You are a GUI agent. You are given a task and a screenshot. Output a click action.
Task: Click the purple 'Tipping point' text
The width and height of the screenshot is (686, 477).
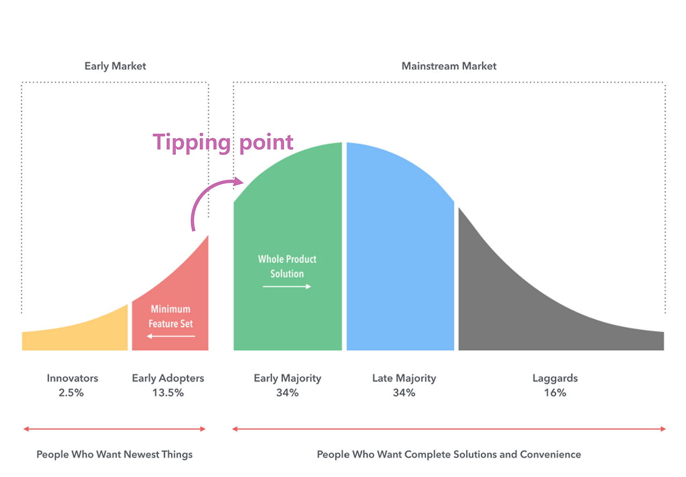tap(223, 143)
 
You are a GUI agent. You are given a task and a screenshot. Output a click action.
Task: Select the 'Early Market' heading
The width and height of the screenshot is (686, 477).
tap(115, 66)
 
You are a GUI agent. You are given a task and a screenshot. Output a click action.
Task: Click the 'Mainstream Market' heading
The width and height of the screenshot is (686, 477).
tap(449, 66)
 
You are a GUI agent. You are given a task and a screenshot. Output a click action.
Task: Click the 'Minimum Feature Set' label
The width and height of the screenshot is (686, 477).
tap(170, 316)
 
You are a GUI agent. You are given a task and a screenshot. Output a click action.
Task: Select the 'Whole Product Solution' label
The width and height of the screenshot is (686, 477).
tap(287, 266)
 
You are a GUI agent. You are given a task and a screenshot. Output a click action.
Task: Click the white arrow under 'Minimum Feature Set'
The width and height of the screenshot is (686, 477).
tap(171, 336)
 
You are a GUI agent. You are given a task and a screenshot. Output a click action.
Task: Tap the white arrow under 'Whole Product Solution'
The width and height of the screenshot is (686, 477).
tap(287, 287)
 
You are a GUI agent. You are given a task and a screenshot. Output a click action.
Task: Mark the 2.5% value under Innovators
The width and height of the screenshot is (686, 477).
tap(72, 393)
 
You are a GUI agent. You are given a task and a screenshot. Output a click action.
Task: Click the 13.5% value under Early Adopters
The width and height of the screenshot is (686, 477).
tap(168, 393)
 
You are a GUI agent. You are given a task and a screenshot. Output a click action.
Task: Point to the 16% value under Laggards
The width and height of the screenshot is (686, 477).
tap(555, 393)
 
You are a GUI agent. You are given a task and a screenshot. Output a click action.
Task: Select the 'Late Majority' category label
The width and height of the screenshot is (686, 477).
tap(404, 378)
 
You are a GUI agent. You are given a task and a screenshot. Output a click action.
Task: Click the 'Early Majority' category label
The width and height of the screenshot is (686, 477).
tap(287, 378)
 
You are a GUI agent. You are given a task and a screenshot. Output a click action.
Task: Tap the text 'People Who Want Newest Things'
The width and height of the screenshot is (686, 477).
tap(114, 454)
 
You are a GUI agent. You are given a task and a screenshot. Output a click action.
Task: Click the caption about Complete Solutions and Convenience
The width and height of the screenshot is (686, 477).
tap(449, 454)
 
